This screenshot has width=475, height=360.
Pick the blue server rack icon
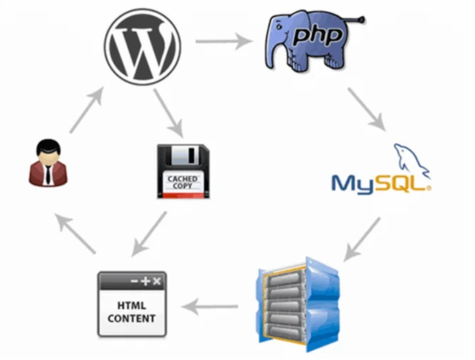[298, 298]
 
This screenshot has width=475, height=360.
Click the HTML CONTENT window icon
[132, 304]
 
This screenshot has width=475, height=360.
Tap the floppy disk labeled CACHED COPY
[183, 171]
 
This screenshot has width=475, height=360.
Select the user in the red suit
[50, 163]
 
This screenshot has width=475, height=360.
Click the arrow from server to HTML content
[210, 307]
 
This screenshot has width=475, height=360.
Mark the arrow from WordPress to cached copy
[168, 113]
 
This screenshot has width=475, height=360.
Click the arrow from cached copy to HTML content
[150, 234]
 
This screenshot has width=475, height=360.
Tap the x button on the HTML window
[156, 281]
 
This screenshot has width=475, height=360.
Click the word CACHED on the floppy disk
[183, 179]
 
